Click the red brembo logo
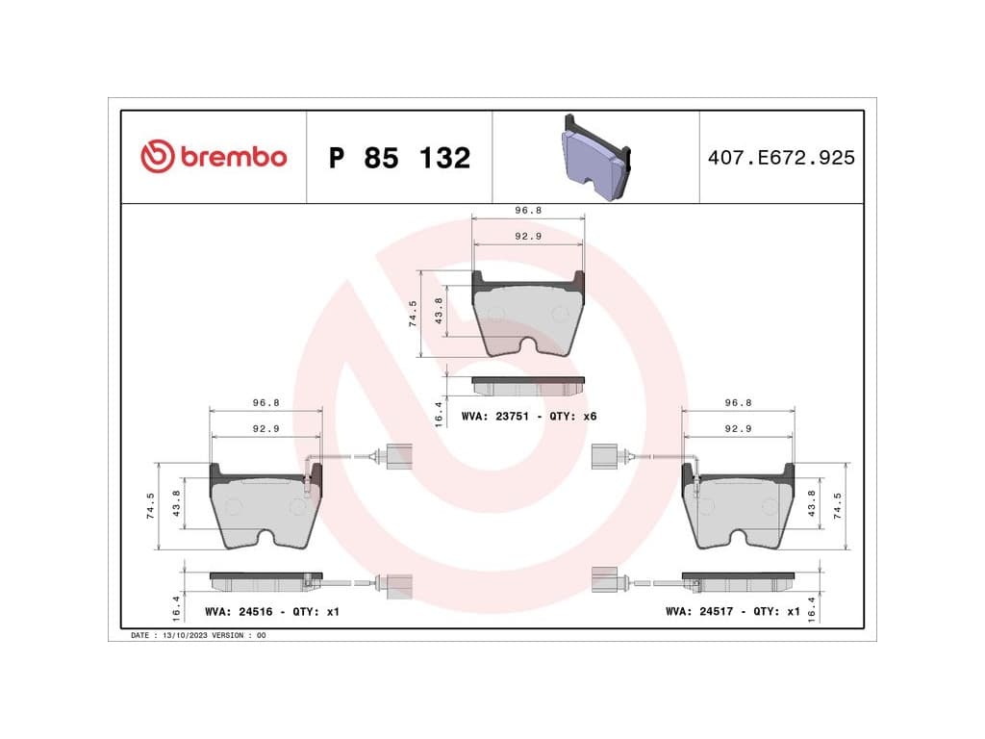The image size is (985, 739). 214,157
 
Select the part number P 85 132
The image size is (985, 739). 399,158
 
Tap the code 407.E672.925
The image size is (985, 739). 781,157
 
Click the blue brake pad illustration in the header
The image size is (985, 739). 595,157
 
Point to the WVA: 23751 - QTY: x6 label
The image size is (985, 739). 529,416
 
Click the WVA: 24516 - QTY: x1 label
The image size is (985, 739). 272,611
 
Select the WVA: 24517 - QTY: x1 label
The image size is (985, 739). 733,611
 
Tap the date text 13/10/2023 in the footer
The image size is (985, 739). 185,635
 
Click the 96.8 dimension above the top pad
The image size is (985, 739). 528,211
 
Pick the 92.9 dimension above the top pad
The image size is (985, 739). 528,237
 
